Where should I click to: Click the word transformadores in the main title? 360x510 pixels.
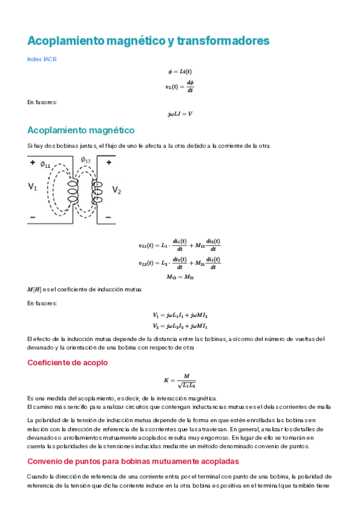click(x=223, y=41)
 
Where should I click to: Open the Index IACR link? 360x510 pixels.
click(x=42, y=59)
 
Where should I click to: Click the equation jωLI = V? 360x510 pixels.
click(x=180, y=114)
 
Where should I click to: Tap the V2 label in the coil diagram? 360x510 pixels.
click(x=117, y=190)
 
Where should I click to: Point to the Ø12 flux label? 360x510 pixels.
click(x=86, y=160)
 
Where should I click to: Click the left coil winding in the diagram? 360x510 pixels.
click(x=73, y=190)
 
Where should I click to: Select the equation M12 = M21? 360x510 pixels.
click(x=180, y=277)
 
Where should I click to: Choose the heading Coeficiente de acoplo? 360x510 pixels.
click(x=67, y=363)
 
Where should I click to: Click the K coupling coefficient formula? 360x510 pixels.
click(x=180, y=381)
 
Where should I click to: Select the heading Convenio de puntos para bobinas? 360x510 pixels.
click(x=133, y=461)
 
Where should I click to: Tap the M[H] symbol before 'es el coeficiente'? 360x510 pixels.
click(x=34, y=290)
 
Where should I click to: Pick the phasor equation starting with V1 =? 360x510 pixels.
click(x=180, y=315)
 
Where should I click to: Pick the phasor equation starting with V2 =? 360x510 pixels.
click(x=180, y=326)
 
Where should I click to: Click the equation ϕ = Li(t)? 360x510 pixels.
click(x=180, y=72)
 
